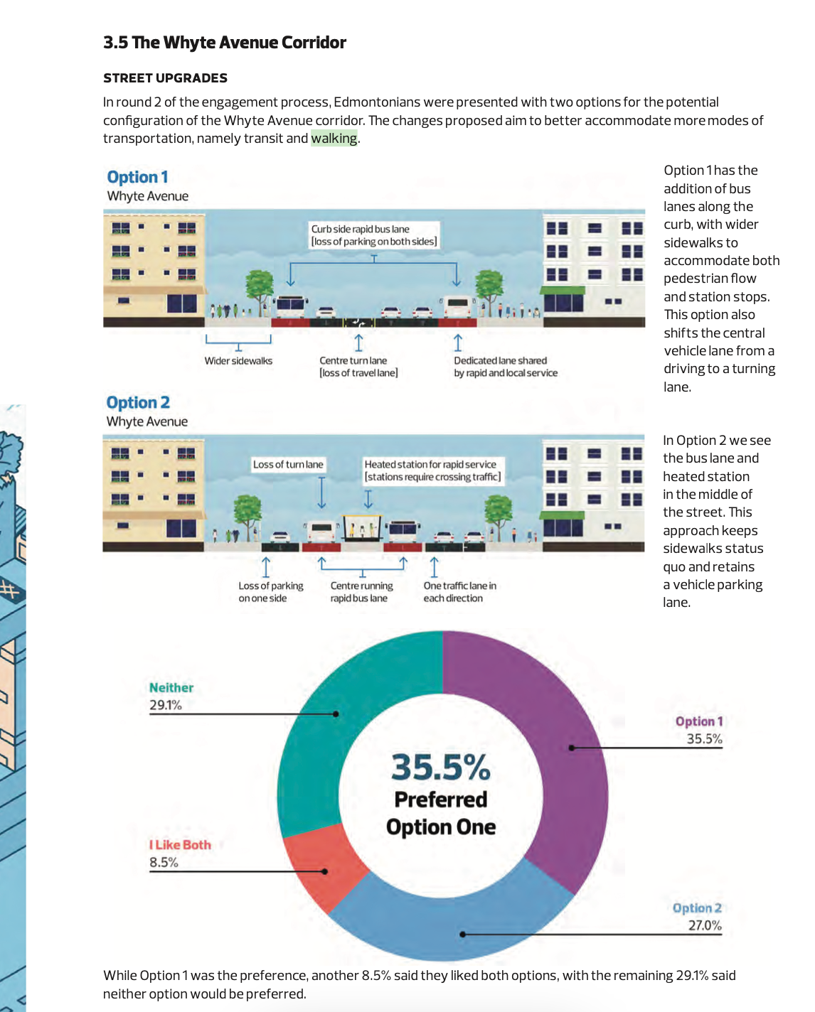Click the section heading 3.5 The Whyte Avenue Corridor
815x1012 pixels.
[x=225, y=43]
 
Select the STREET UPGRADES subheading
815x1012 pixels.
[x=165, y=78]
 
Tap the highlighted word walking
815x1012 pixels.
[x=334, y=139]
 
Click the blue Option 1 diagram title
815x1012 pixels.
[x=137, y=177]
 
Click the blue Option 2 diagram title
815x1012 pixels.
[x=138, y=402]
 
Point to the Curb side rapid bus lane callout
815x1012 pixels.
[x=374, y=235]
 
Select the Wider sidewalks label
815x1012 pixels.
[x=238, y=361]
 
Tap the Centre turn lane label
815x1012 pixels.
[x=358, y=367]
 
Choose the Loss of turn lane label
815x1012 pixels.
[x=288, y=465]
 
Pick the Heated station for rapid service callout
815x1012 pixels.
[x=432, y=470]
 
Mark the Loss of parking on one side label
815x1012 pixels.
[x=270, y=592]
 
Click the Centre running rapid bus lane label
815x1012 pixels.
[x=361, y=592]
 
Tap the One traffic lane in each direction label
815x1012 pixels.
[x=459, y=592]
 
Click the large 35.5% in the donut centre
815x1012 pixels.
[x=441, y=768]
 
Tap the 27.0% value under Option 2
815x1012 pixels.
[x=704, y=925]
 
